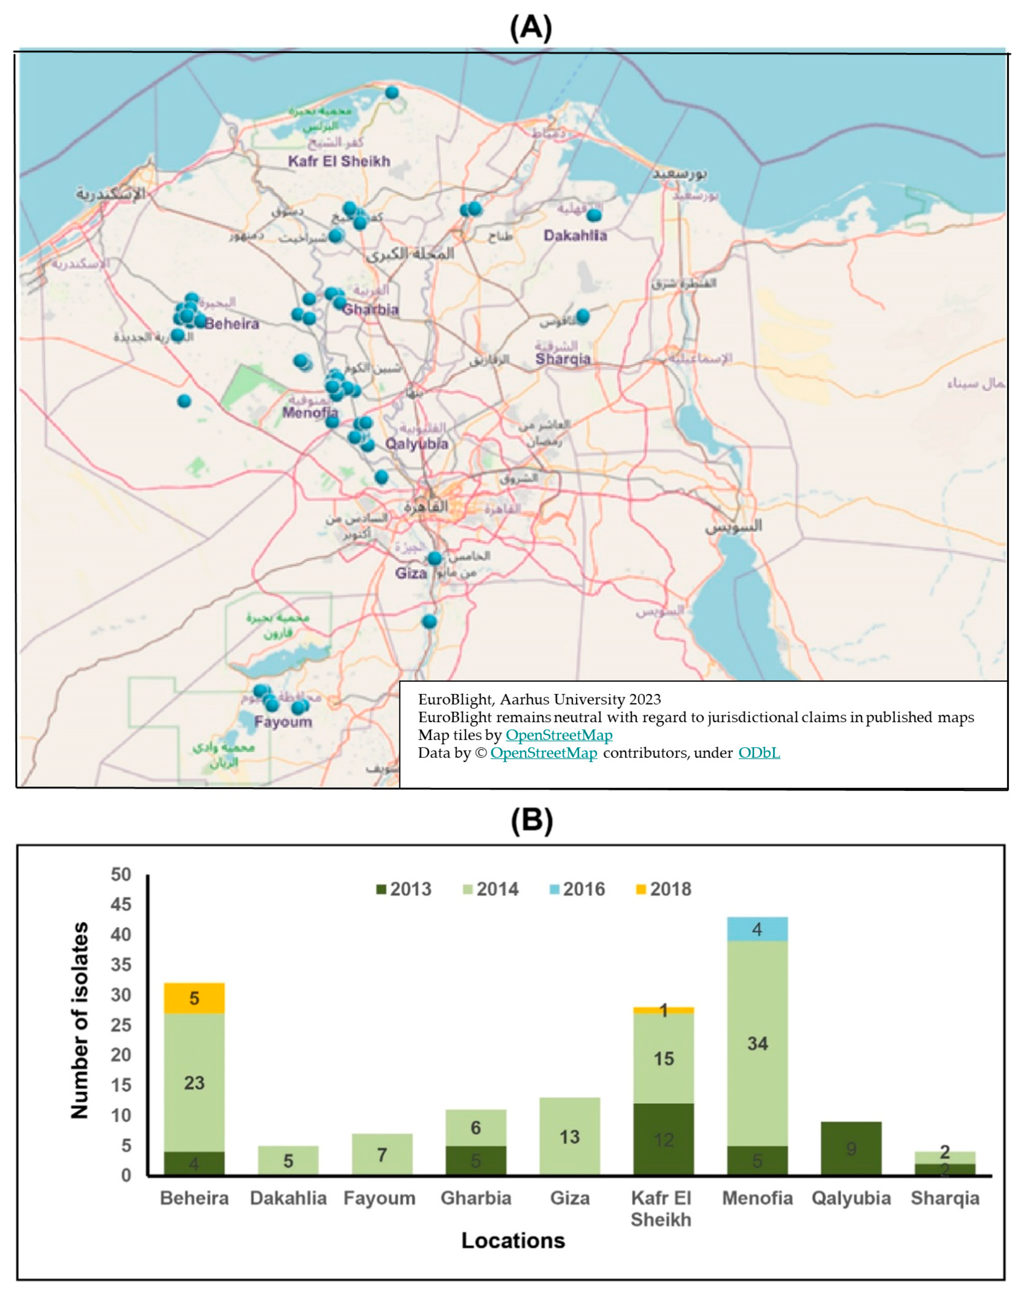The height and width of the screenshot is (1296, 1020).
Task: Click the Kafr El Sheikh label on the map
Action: coord(339,161)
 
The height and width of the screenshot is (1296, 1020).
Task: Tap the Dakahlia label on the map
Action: coord(575,236)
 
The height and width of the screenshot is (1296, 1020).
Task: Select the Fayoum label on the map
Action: coord(283,722)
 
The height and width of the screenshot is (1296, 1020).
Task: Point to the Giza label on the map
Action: coord(411,574)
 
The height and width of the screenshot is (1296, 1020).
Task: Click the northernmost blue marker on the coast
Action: coord(392,93)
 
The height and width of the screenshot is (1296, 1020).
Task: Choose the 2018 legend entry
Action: coord(664,890)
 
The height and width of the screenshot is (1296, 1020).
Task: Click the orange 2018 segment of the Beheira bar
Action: coord(194,998)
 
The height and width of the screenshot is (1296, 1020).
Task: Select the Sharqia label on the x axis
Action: coord(945,1199)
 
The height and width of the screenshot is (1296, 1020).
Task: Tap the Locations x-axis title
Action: coord(513,1240)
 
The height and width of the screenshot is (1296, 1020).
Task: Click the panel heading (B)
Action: coord(532,821)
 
